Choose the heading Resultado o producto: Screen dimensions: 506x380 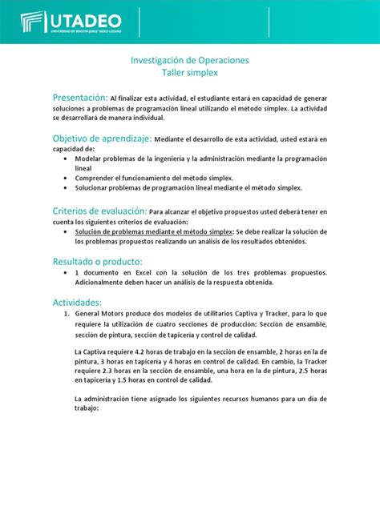coord(97,262)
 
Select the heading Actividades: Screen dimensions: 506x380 coord(77,303)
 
